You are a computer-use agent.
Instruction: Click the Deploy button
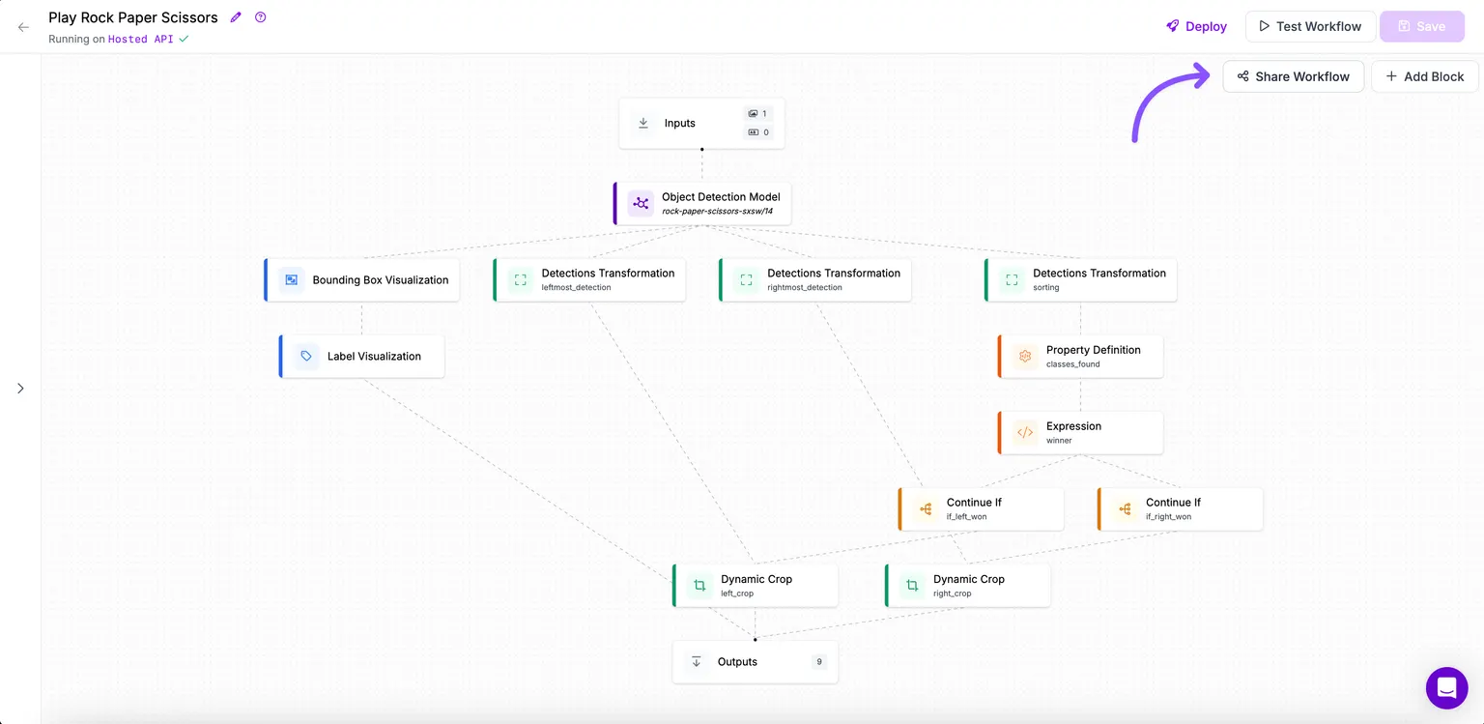1196,26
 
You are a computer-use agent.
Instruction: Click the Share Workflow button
1294,76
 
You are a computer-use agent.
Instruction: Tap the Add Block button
1424,76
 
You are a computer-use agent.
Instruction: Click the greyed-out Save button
1422,26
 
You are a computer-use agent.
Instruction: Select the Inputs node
701,124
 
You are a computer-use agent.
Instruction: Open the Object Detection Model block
702,204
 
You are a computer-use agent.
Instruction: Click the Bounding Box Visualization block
361,279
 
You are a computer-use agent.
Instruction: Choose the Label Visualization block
361,356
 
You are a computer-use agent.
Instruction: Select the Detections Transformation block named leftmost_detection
589,279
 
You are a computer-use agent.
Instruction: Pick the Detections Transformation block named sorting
1080,279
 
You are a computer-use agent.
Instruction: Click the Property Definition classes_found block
1080,356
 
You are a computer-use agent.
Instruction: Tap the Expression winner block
1080,432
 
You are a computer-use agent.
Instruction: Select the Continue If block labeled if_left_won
982,509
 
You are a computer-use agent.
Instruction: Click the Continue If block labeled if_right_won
1180,509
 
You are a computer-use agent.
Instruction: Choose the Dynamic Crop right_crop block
968,586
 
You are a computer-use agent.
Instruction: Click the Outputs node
756,662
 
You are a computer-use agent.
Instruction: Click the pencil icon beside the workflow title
236,17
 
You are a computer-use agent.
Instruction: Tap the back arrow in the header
24,27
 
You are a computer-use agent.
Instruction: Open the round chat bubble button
1447,687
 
